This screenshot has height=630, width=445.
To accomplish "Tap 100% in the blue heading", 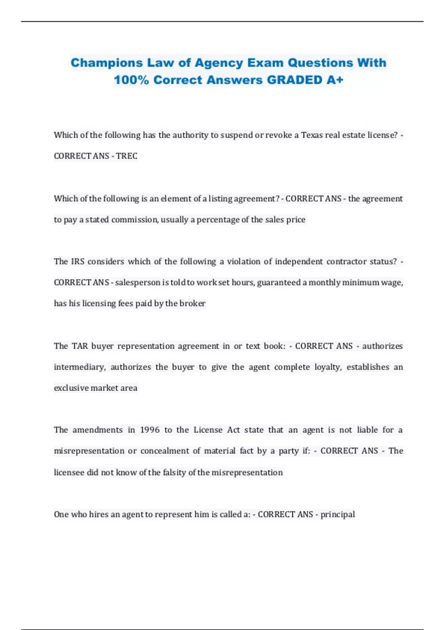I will point(131,80).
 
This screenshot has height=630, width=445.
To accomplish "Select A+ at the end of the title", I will point(335,80).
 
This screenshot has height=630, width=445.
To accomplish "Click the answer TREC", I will point(126,156).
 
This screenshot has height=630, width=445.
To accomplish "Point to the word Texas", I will point(312,135).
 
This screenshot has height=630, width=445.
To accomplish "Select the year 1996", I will point(149,430).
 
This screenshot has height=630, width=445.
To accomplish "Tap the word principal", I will point(337,514).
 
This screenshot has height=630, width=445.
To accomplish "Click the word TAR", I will point(80,346).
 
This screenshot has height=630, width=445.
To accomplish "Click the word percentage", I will point(218,220).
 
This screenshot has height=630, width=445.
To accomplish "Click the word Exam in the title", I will point(265,63).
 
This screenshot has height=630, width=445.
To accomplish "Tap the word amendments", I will point(98,430).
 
